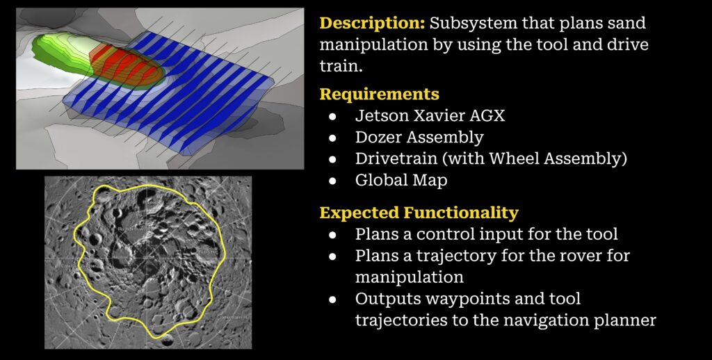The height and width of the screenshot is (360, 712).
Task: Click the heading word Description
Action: click(x=373, y=24)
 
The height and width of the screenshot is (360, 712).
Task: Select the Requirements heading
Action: click(x=379, y=95)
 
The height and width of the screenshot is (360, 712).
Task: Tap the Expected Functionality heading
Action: click(x=419, y=213)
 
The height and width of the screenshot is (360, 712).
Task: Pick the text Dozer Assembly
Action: click(x=419, y=138)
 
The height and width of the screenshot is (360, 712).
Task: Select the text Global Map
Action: click(x=401, y=180)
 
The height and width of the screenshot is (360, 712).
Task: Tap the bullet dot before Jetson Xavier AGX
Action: click(x=332, y=117)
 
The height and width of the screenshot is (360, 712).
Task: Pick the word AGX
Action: click(x=489, y=116)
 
